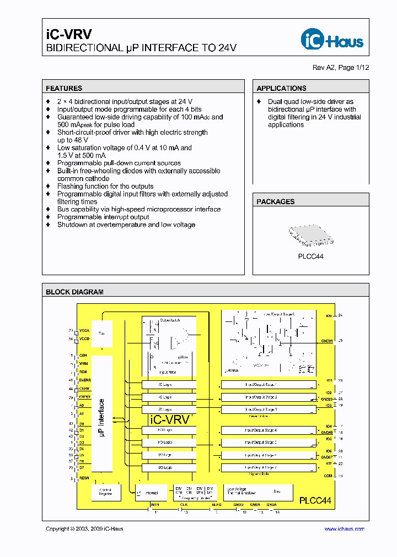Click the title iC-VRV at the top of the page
tap(61, 35)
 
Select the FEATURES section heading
tap(64, 88)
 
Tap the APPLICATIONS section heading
tap(281, 88)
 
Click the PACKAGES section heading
tap(276, 202)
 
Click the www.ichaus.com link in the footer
tap(344, 529)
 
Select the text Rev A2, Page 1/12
tap(341, 67)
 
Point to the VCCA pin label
tap(84, 331)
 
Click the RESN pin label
tap(84, 478)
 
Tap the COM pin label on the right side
tap(328, 476)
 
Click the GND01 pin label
tap(327, 341)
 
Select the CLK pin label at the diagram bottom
tap(184, 504)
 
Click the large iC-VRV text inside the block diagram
tap(170, 419)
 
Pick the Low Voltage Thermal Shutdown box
tap(241, 491)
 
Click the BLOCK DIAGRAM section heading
tap(74, 292)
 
